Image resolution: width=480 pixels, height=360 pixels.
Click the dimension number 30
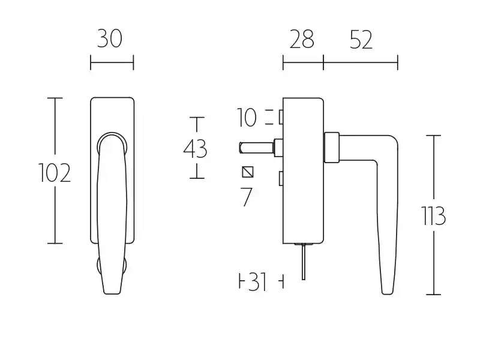(x=110, y=38)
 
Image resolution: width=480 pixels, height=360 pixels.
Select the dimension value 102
(x=55, y=173)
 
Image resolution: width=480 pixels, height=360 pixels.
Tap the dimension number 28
(x=302, y=39)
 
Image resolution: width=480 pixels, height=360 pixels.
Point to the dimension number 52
(x=361, y=40)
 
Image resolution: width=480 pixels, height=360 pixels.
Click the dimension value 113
(x=433, y=216)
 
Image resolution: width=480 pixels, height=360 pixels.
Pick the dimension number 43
(x=196, y=149)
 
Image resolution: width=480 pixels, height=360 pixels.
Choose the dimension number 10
(x=247, y=118)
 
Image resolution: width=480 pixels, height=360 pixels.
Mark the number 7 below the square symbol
(x=246, y=197)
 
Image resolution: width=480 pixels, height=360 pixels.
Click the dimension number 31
(x=257, y=281)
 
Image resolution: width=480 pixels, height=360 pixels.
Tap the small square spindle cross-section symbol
(x=248, y=172)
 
